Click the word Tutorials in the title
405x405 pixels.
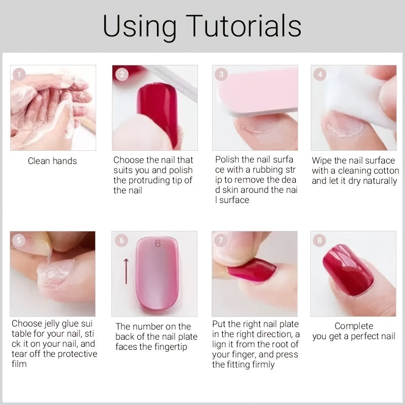[x=244, y=26]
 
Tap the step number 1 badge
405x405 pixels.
[x=19, y=74]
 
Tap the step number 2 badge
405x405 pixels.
[x=121, y=74]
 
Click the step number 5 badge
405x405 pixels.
[x=19, y=240]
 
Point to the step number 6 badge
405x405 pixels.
[x=121, y=240]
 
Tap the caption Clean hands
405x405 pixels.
[x=52, y=161]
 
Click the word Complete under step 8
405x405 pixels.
[x=353, y=326]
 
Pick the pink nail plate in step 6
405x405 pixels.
[x=157, y=273]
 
